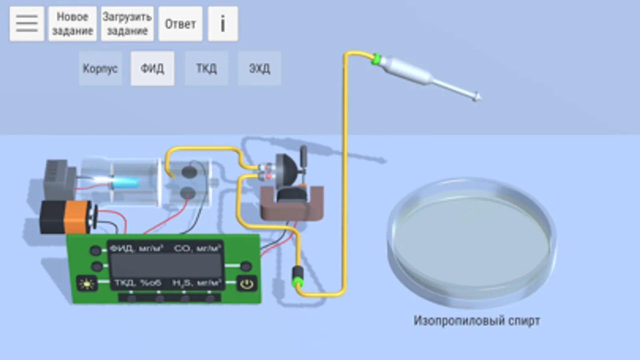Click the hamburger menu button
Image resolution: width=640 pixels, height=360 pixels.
point(27,24)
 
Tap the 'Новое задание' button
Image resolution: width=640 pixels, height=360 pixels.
point(72,24)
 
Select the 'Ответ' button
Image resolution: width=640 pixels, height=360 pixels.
point(180,24)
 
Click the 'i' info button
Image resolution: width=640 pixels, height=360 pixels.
point(223,24)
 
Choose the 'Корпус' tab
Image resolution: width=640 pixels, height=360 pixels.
point(100,68)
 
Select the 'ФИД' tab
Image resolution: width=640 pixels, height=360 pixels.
point(152,68)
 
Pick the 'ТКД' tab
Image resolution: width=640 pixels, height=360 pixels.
point(206,68)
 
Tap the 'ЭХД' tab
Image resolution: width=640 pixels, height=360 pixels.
point(259,68)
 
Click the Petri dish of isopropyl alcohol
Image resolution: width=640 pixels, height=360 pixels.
point(471,240)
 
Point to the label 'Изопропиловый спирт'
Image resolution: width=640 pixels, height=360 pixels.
point(477,321)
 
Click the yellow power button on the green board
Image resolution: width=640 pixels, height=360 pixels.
point(247,284)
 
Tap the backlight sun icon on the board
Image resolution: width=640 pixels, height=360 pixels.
point(87,284)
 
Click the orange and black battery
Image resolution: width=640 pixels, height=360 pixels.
point(66,217)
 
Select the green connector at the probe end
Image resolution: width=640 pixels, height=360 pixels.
point(376,59)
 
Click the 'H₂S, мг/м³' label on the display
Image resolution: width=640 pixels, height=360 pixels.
point(197,283)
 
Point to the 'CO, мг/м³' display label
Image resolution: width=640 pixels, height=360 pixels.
point(197,248)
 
